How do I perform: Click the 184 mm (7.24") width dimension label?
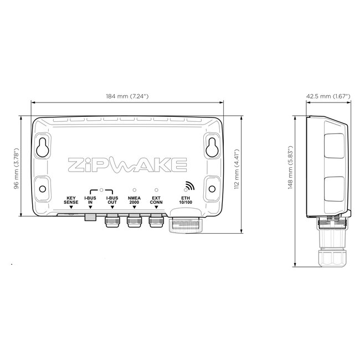[127, 97]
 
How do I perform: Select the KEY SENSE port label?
[71, 200]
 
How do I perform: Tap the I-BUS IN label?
[90, 200]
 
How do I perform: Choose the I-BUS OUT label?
[112, 200]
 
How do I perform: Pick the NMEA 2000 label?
[134, 200]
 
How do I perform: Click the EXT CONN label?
[156, 200]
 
